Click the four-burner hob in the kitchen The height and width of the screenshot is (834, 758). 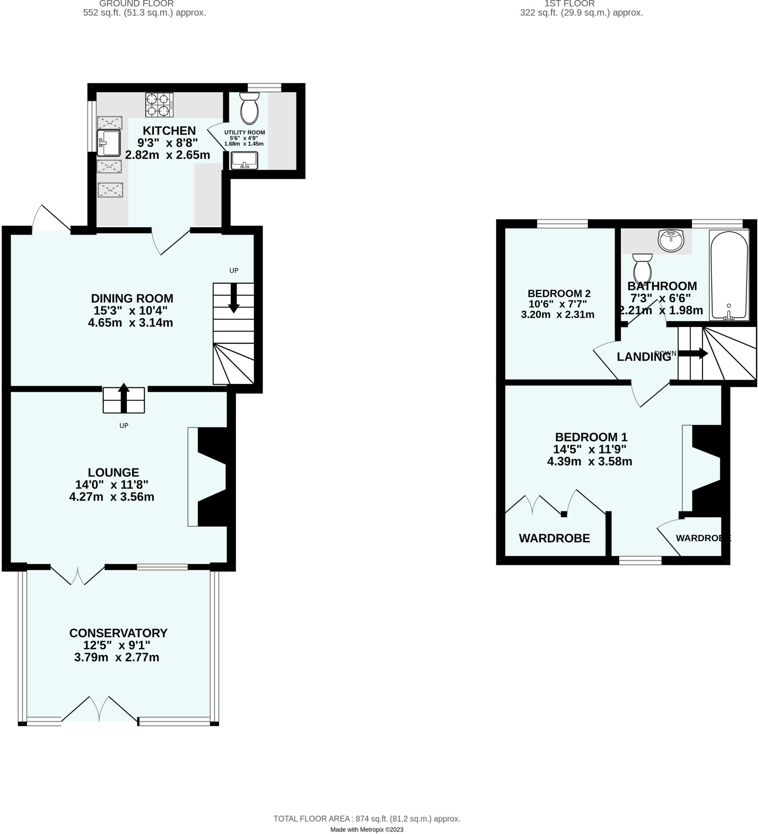coord(159,105)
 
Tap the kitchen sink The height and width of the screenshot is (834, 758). coord(108,143)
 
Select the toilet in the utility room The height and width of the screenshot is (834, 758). coord(249,108)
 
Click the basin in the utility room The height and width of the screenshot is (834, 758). coord(244,160)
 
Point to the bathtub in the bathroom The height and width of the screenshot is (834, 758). coord(729,275)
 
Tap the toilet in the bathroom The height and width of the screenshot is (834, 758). coord(642,268)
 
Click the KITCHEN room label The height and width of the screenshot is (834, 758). coord(169,131)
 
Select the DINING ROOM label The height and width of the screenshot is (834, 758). coord(132,298)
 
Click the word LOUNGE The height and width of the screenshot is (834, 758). coord(113,472)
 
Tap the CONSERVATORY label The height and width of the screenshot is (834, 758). coord(118,633)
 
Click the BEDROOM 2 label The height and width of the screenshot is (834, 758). coord(559,293)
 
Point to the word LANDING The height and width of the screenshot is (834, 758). coord(644,357)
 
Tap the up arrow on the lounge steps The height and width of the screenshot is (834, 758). coord(124,397)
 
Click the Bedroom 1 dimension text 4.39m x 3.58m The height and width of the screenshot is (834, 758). coord(590,461)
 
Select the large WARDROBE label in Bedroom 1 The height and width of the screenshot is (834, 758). coord(554,538)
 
